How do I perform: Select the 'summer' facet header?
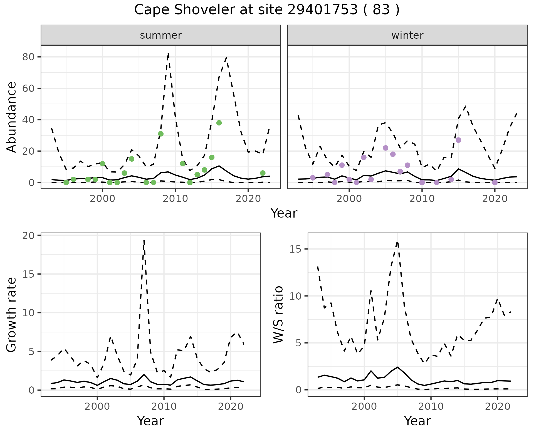pos(161,35)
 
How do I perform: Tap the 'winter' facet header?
pos(407,35)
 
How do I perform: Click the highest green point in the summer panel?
pos(219,123)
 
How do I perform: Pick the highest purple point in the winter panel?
pos(458,140)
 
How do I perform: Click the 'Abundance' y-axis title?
pos(12,117)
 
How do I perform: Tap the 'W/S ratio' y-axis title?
pos(278,314)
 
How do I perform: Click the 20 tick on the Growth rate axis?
pos(30,236)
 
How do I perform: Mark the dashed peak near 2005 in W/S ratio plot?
pos(397,242)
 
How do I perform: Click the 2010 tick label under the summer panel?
pos(175,199)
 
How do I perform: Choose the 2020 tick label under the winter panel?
pos(495,199)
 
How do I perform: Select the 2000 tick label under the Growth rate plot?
pos(97,406)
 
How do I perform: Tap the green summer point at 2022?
pos(263,173)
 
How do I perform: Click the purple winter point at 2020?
pos(495,183)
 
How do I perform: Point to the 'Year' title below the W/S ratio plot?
pos(417,421)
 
